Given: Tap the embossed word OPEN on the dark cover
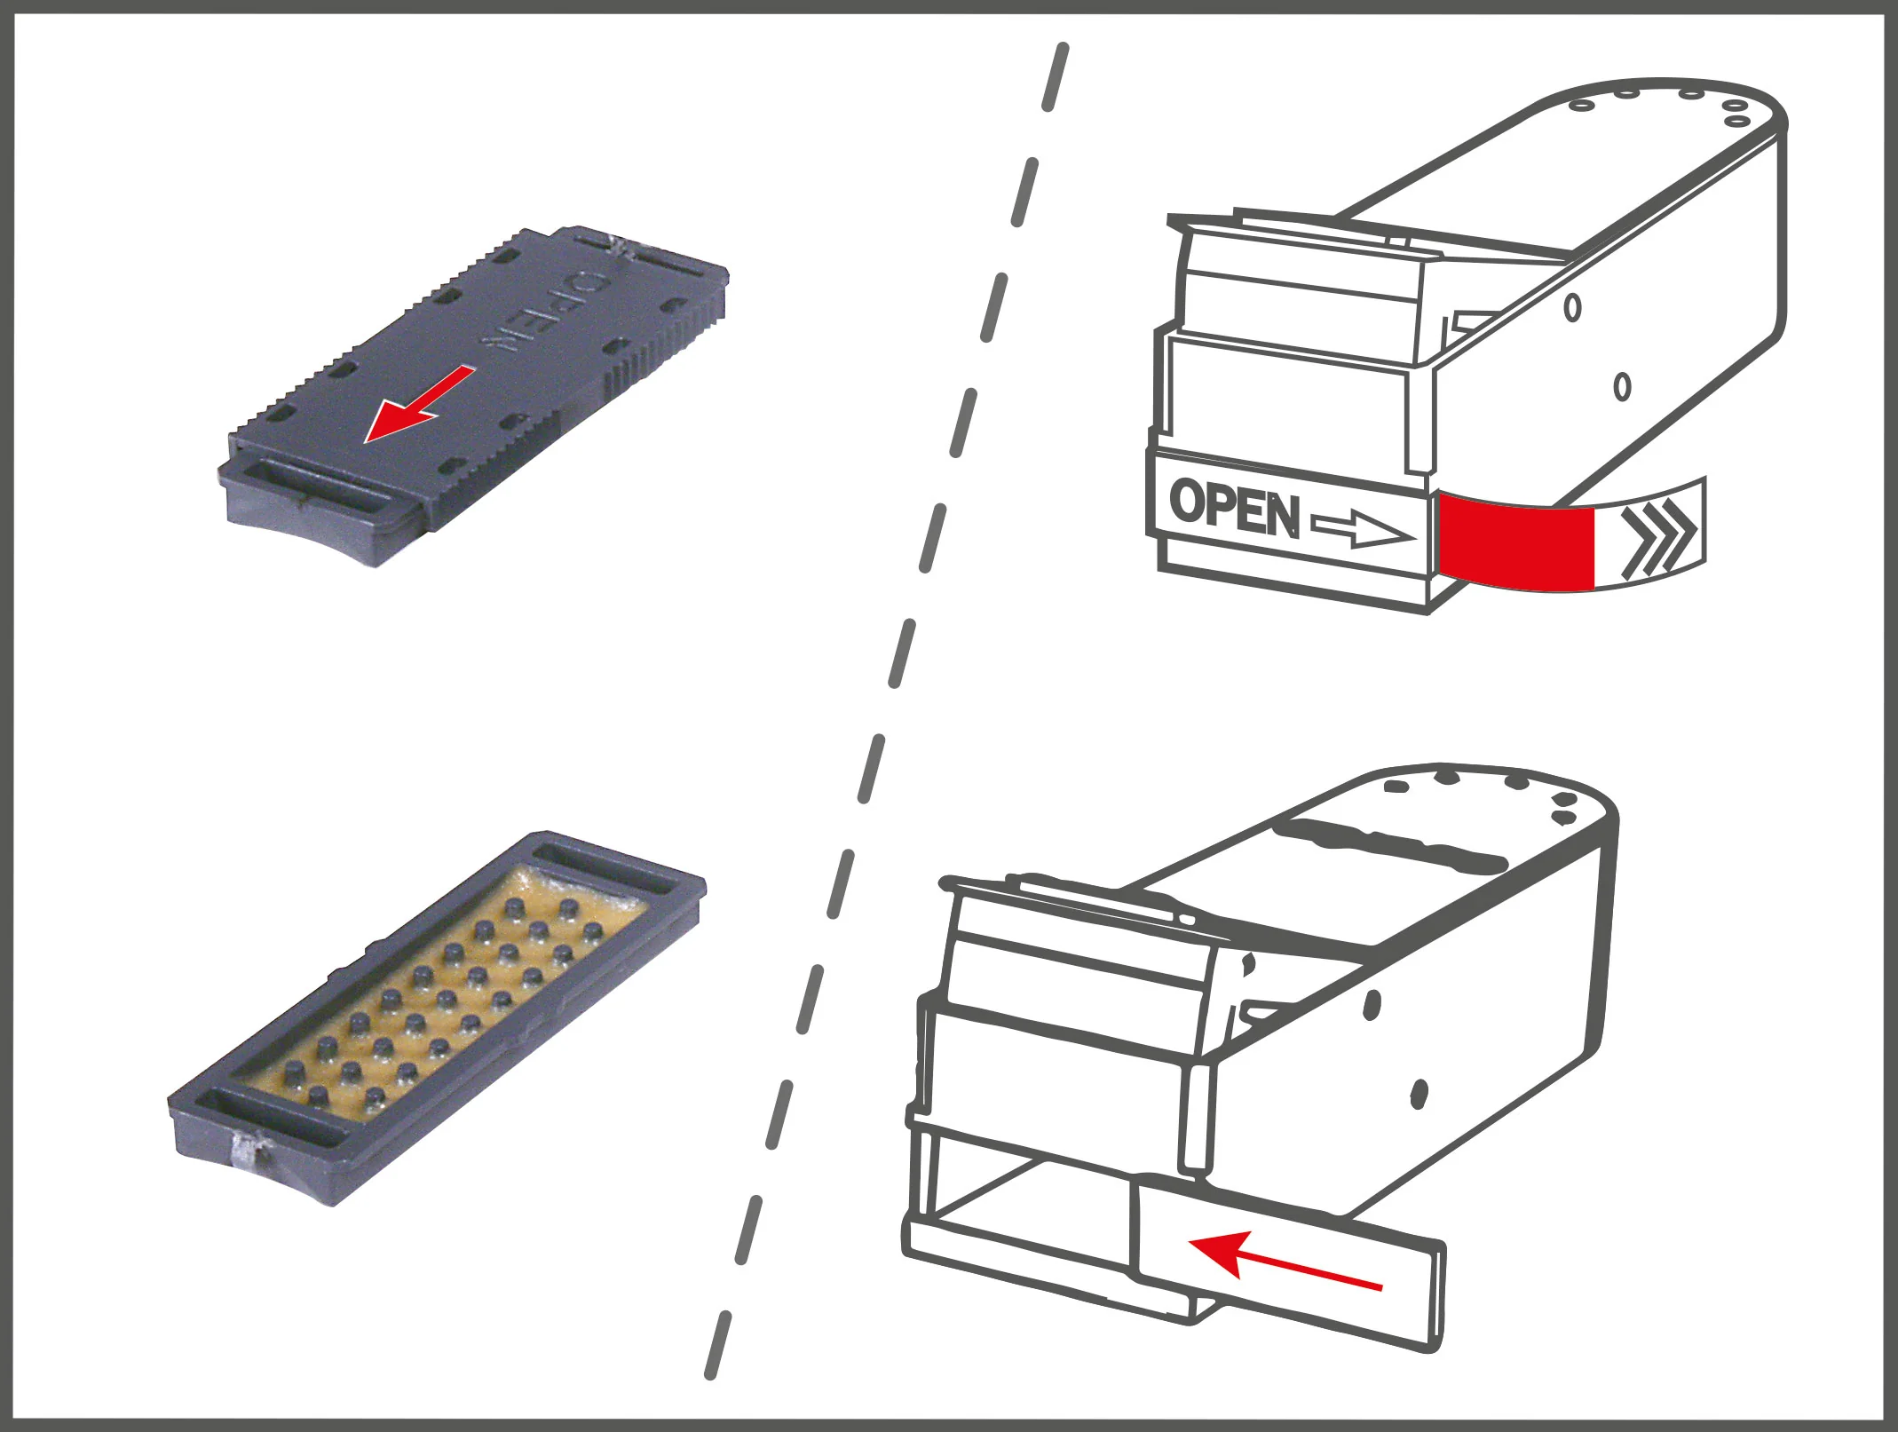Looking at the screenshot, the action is (x=542, y=312).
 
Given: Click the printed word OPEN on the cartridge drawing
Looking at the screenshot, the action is (x=1235, y=509).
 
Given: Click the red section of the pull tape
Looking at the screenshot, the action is (x=1516, y=542).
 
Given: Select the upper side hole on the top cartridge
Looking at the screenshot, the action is (x=1572, y=307).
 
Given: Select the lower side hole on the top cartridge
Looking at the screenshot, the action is (x=1622, y=386).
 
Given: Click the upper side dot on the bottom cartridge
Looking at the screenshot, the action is (x=1372, y=1007).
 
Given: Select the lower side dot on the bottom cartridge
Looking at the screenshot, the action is (x=1418, y=1094).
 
